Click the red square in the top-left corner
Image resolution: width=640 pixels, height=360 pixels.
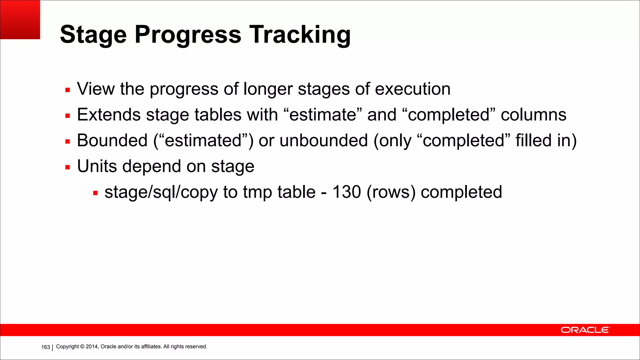click(x=20, y=19)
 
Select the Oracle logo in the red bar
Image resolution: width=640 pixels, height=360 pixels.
click(x=585, y=330)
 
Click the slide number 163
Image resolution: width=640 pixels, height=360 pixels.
click(x=46, y=347)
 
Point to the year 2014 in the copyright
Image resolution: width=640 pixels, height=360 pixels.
click(x=92, y=347)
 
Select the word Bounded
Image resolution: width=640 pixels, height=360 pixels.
click(x=112, y=140)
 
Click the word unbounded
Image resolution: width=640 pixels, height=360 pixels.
click(x=323, y=140)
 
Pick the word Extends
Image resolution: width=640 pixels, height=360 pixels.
click(x=109, y=115)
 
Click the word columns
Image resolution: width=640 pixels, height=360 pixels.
click(x=533, y=115)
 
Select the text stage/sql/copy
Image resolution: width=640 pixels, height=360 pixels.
click(x=161, y=192)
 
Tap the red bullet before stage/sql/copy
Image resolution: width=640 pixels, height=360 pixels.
click(x=95, y=193)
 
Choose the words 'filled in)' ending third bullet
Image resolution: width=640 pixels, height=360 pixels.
click(x=546, y=140)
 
